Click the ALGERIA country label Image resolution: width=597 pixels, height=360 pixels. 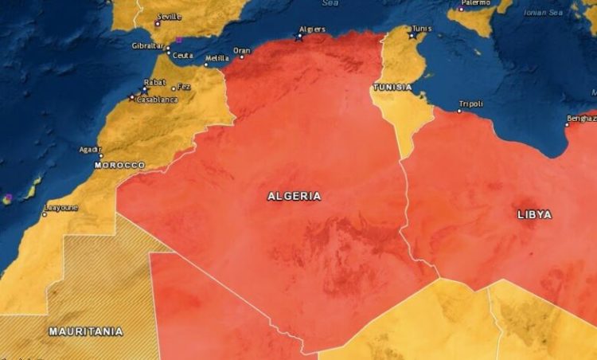[x=295, y=196]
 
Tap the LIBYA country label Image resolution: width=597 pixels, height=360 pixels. [x=534, y=214]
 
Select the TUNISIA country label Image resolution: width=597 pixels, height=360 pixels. [x=392, y=87]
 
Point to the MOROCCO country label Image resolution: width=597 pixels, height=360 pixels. [x=119, y=166]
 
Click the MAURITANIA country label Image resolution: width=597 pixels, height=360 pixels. [x=86, y=331]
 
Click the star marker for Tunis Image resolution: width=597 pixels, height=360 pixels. [x=412, y=36]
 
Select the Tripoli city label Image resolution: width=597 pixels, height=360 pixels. [x=470, y=104]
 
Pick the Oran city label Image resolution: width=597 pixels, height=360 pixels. [x=241, y=50]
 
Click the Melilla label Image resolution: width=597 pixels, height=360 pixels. [x=217, y=58]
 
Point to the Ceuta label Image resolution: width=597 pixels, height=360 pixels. [x=183, y=55]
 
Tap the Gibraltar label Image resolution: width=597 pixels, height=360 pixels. [x=147, y=45]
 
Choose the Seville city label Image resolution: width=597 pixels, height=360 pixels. [x=169, y=16]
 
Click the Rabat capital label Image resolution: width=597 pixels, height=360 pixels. [x=154, y=83]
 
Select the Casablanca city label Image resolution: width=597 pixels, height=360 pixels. [x=154, y=100]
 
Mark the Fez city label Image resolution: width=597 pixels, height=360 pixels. [x=184, y=87]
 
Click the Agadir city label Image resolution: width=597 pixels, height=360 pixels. [x=89, y=149]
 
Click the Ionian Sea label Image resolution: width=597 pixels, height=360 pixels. [x=543, y=13]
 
